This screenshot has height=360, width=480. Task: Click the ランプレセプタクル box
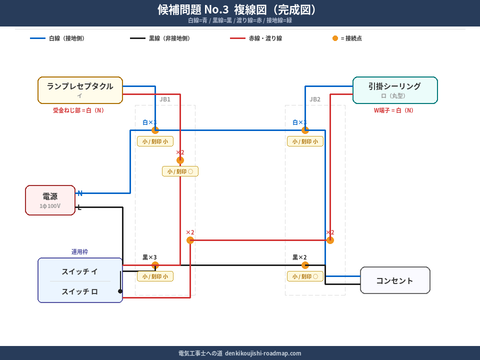(x=80, y=90)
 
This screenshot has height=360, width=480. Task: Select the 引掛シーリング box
(x=395, y=90)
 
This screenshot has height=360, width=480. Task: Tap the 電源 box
(x=50, y=200)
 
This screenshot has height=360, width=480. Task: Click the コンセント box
(x=395, y=280)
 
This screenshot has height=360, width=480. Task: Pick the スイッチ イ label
(x=80, y=271)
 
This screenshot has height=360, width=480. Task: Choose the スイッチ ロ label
(x=80, y=291)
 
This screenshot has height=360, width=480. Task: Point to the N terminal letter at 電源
(x=80, y=193)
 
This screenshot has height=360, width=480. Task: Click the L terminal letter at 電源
(x=79, y=207)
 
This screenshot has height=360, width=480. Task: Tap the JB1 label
(x=165, y=99)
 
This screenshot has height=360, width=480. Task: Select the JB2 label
(x=315, y=99)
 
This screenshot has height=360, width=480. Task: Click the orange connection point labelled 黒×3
(x=155, y=265)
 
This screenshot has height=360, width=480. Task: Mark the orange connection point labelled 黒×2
(x=305, y=265)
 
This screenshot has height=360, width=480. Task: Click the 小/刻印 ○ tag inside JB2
(x=305, y=276)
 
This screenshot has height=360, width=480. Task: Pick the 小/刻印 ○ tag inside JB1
(x=180, y=171)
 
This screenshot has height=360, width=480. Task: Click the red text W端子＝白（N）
(x=395, y=110)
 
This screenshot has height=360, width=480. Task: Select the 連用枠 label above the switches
(x=79, y=252)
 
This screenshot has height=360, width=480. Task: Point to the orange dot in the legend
(x=335, y=38)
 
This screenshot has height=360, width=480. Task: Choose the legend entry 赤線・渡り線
(x=265, y=38)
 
